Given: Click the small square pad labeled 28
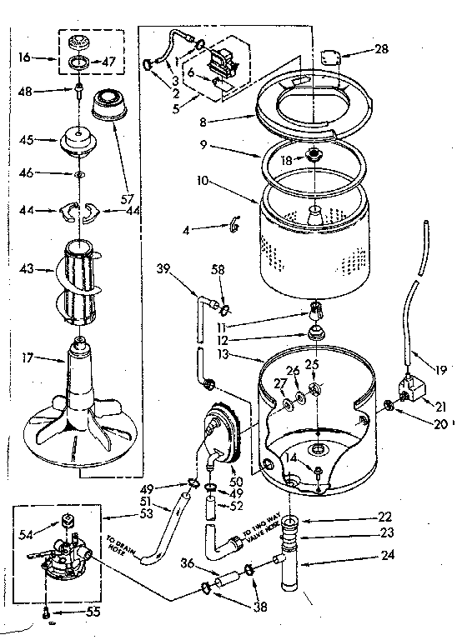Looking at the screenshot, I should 330,57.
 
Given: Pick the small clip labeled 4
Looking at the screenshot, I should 234,221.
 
